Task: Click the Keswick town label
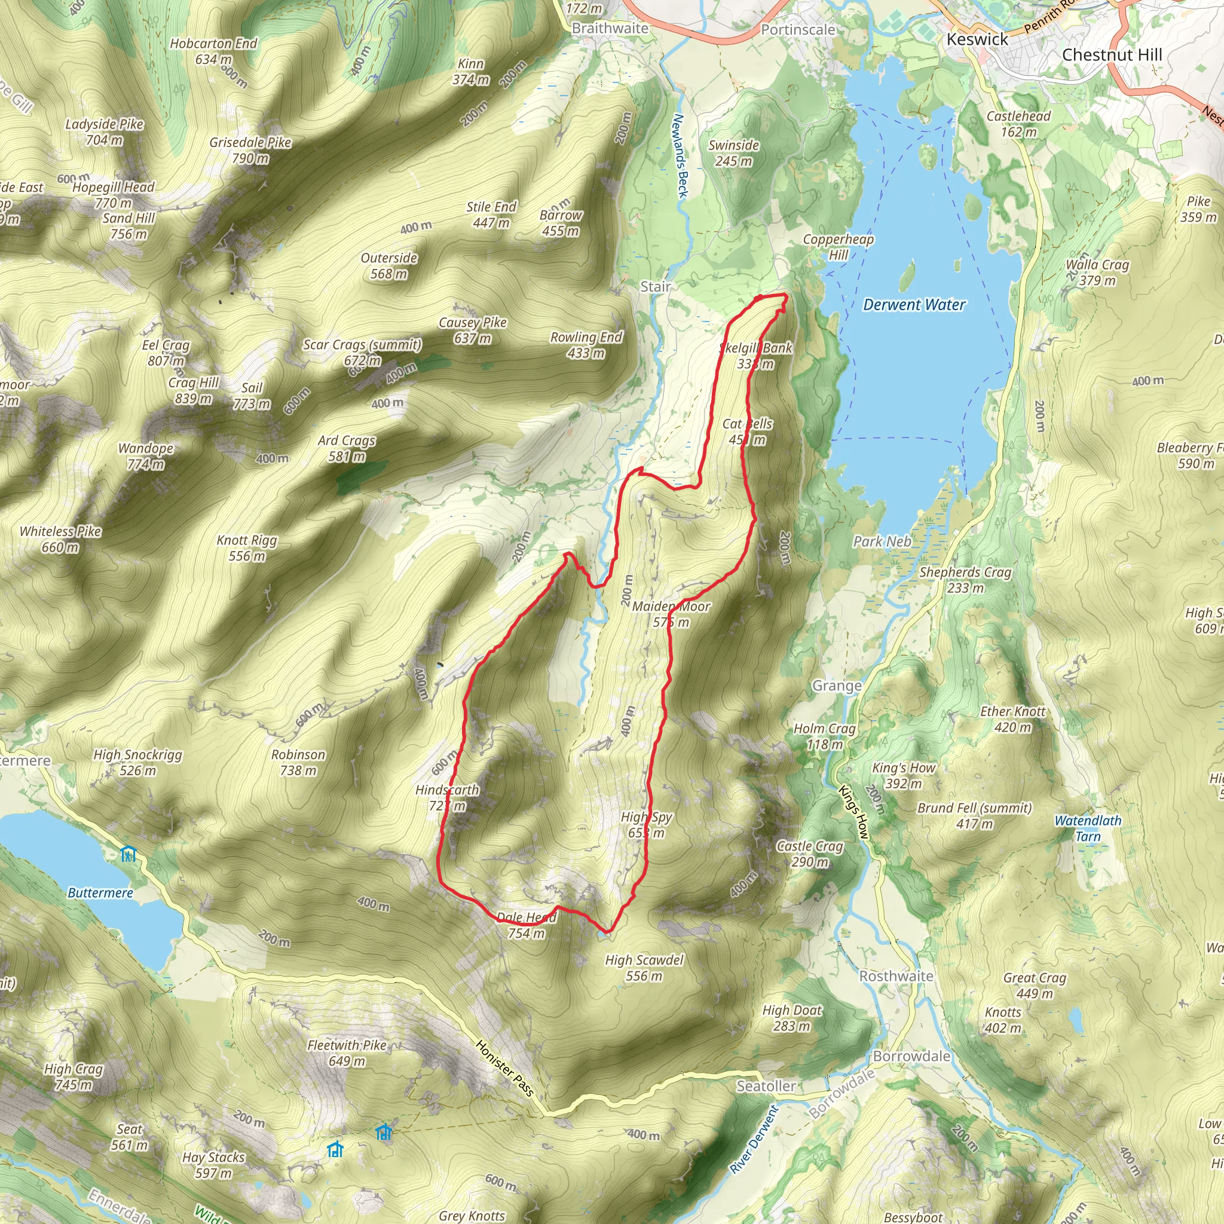point(977,39)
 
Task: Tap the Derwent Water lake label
point(914,305)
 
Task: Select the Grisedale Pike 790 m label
point(250,150)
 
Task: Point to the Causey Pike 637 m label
point(473,330)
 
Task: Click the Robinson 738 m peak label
point(298,762)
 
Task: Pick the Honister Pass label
point(505,1068)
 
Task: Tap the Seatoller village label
point(766,1086)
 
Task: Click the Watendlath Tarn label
point(1087,828)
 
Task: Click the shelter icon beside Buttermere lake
point(128,854)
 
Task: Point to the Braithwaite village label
point(610,29)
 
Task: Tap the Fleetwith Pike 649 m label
point(347,1053)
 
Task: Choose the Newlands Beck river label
point(679,155)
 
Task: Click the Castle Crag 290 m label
point(810,854)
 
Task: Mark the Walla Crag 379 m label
point(1097,273)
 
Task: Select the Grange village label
point(836,686)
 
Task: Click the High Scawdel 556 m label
point(644,968)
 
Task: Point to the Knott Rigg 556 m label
point(246,548)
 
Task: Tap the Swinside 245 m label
point(734,152)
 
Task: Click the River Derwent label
point(753,1139)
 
